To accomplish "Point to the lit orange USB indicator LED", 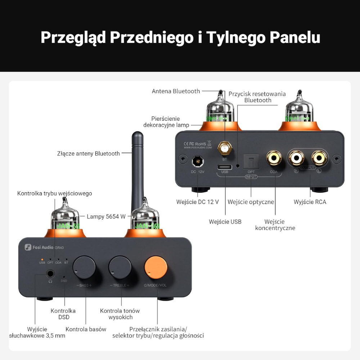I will click(42, 259).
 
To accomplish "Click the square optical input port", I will click(251, 161).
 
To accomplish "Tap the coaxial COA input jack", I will click(274, 157).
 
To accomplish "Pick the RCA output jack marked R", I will click(296, 157).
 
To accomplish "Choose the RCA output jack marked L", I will click(319, 157).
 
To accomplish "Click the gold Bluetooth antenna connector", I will click(224, 148).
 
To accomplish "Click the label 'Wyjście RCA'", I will click(310, 202).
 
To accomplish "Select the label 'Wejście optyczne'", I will click(251, 202).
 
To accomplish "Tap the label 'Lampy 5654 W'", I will click(106, 216).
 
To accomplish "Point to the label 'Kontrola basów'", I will click(86, 329).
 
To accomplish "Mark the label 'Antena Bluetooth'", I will click(176, 91).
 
